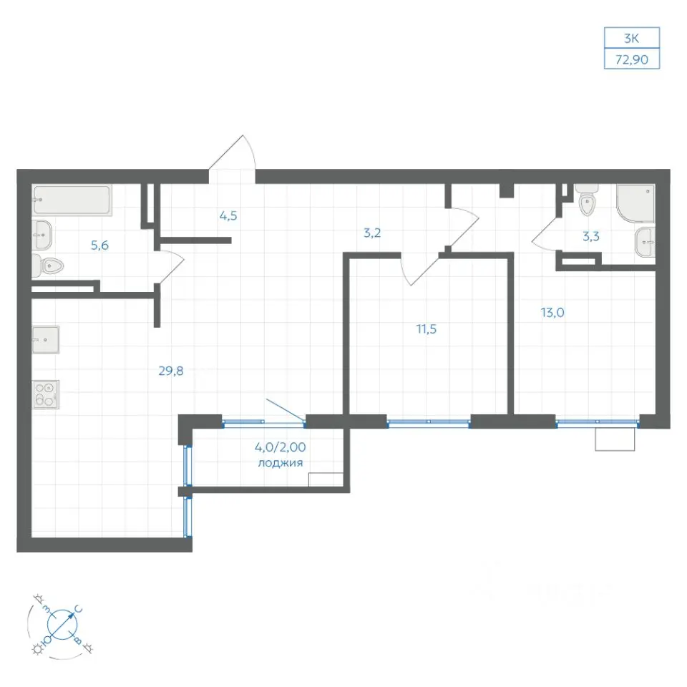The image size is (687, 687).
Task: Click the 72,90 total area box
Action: tap(632, 59)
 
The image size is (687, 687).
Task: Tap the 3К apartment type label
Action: tap(631, 39)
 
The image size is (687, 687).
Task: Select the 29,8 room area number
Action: tap(171, 371)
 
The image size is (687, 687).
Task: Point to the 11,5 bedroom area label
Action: tap(426, 328)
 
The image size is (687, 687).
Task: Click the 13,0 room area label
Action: tap(552, 313)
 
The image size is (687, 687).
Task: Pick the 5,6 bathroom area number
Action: tap(99, 245)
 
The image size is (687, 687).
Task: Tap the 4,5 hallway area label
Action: tap(228, 215)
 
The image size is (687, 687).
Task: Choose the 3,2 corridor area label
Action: tap(372, 233)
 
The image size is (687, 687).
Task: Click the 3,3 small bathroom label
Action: tap(590, 237)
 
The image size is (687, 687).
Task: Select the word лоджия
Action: tap(281, 463)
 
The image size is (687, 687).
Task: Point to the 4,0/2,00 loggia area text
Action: tap(281, 447)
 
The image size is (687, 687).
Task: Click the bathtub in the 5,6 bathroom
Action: tap(72, 200)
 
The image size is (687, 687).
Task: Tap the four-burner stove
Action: tap(46, 394)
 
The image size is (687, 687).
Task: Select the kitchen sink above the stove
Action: tap(46, 339)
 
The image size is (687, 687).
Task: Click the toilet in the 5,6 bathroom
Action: tap(48, 265)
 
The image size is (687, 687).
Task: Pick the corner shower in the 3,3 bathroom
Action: tap(635, 203)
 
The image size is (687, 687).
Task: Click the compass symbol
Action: tap(62, 624)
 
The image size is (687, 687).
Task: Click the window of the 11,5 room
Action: tap(429, 422)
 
